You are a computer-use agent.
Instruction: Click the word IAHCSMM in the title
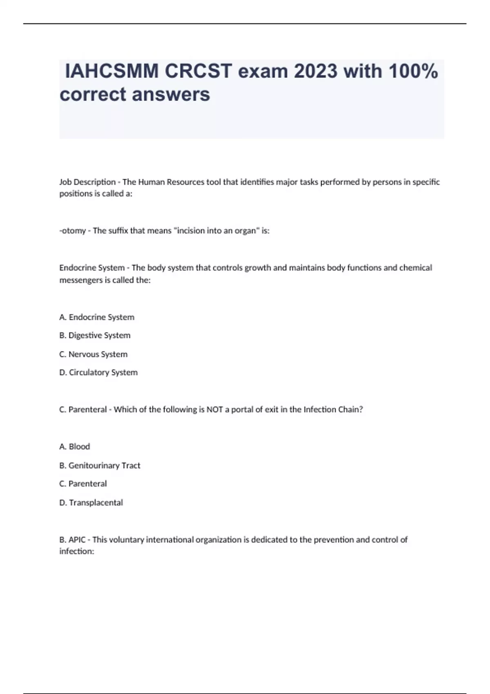click(111, 71)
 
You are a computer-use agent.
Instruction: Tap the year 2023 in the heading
click(316, 71)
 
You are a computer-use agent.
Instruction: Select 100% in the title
click(413, 71)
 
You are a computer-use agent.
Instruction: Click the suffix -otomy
click(73, 231)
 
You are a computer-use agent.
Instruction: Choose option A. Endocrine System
click(97, 317)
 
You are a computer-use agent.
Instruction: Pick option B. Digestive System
click(95, 336)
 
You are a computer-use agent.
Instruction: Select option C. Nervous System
click(93, 354)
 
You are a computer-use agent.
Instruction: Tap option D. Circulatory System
click(98, 372)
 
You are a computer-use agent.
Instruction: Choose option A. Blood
click(75, 447)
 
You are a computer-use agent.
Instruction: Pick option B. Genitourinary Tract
click(100, 465)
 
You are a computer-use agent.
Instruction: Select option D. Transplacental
click(91, 503)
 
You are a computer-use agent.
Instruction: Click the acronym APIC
click(77, 540)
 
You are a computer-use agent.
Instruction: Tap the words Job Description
click(87, 182)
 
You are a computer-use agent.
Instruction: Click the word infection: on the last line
click(77, 552)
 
